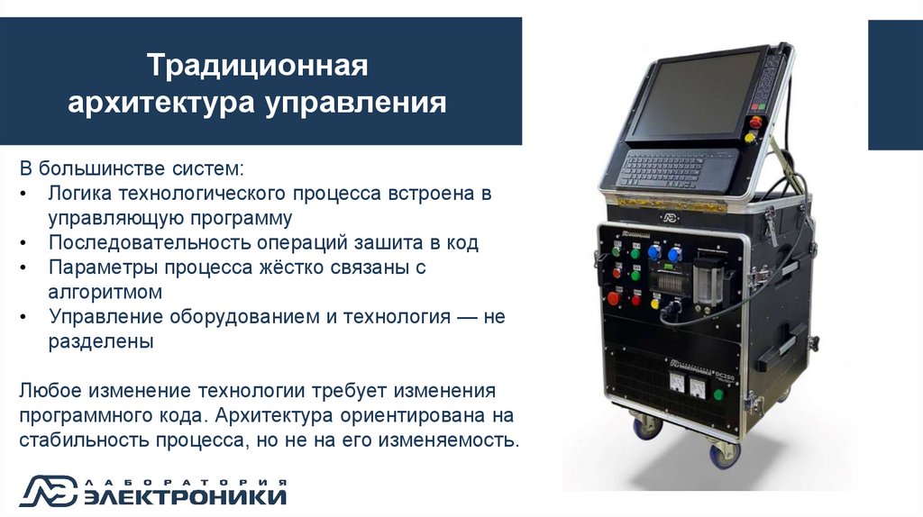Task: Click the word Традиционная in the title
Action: click(x=259, y=67)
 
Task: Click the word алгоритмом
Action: click(x=105, y=292)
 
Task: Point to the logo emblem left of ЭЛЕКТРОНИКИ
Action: click(x=50, y=491)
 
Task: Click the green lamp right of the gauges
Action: click(x=718, y=394)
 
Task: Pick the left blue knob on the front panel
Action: click(x=653, y=253)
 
